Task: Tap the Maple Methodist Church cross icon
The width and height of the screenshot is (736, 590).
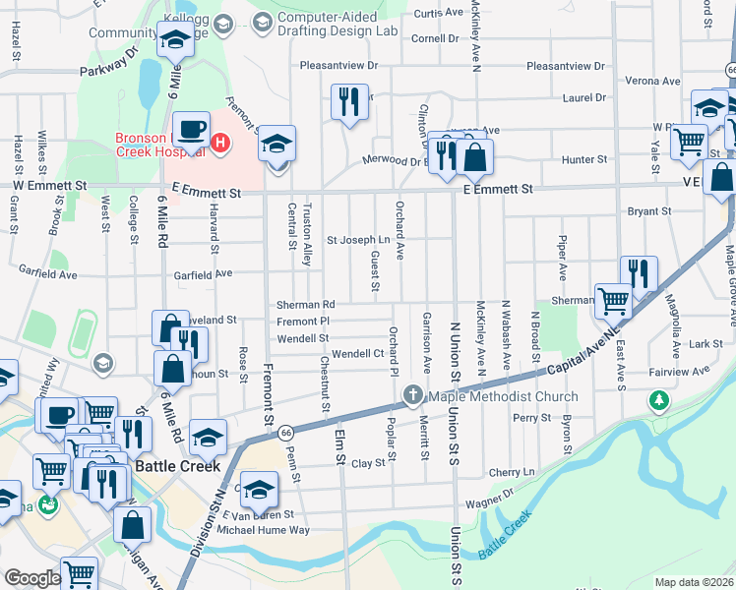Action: (x=412, y=396)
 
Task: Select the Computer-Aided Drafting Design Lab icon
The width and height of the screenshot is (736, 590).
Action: (x=262, y=22)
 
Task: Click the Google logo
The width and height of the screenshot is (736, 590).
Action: (x=32, y=578)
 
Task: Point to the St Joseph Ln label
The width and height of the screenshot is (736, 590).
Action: (x=358, y=239)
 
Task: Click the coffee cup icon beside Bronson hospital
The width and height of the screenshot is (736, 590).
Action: (x=193, y=128)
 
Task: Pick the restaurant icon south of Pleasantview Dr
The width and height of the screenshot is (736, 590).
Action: (x=348, y=101)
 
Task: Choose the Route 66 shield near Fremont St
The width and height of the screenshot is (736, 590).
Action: (x=285, y=432)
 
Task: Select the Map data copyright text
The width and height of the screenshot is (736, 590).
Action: (x=694, y=582)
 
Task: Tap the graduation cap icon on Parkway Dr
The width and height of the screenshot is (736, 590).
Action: (x=174, y=40)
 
